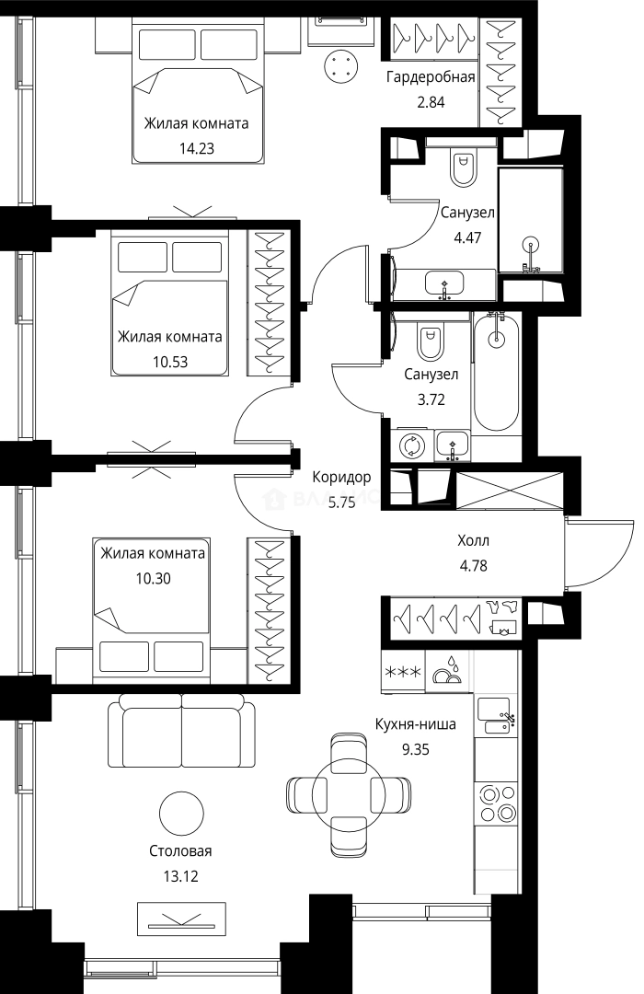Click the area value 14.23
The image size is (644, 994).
[197, 148]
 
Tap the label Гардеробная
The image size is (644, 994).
[431, 77]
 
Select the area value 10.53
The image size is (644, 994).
[170, 362]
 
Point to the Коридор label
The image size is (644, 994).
[341, 478]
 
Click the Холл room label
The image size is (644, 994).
[474, 541]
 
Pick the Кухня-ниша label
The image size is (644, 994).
[415, 724]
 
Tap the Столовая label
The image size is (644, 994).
[180, 850]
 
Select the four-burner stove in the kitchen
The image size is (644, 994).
[497, 803]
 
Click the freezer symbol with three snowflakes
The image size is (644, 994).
[404, 672]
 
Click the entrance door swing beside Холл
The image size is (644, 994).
[599, 552]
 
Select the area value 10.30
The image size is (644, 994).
[154, 579]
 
